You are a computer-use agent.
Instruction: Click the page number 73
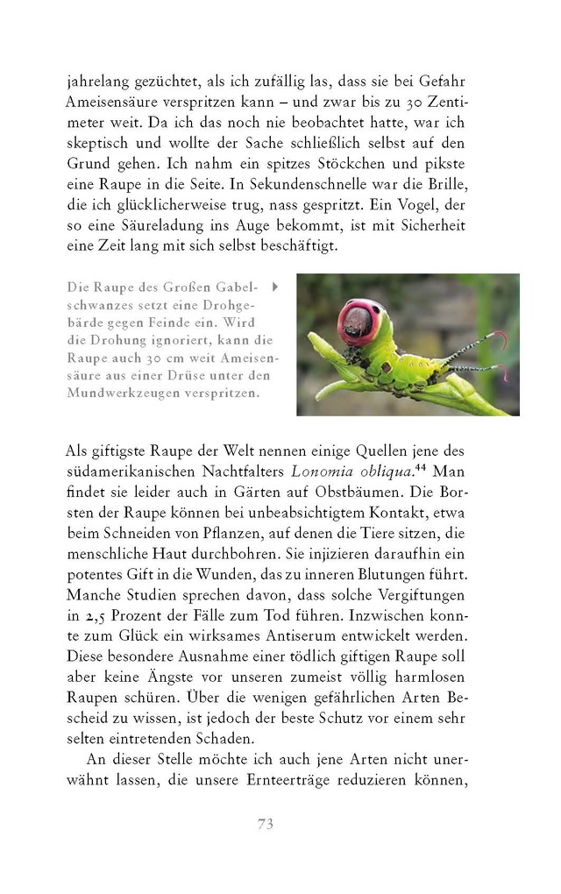(266, 823)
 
